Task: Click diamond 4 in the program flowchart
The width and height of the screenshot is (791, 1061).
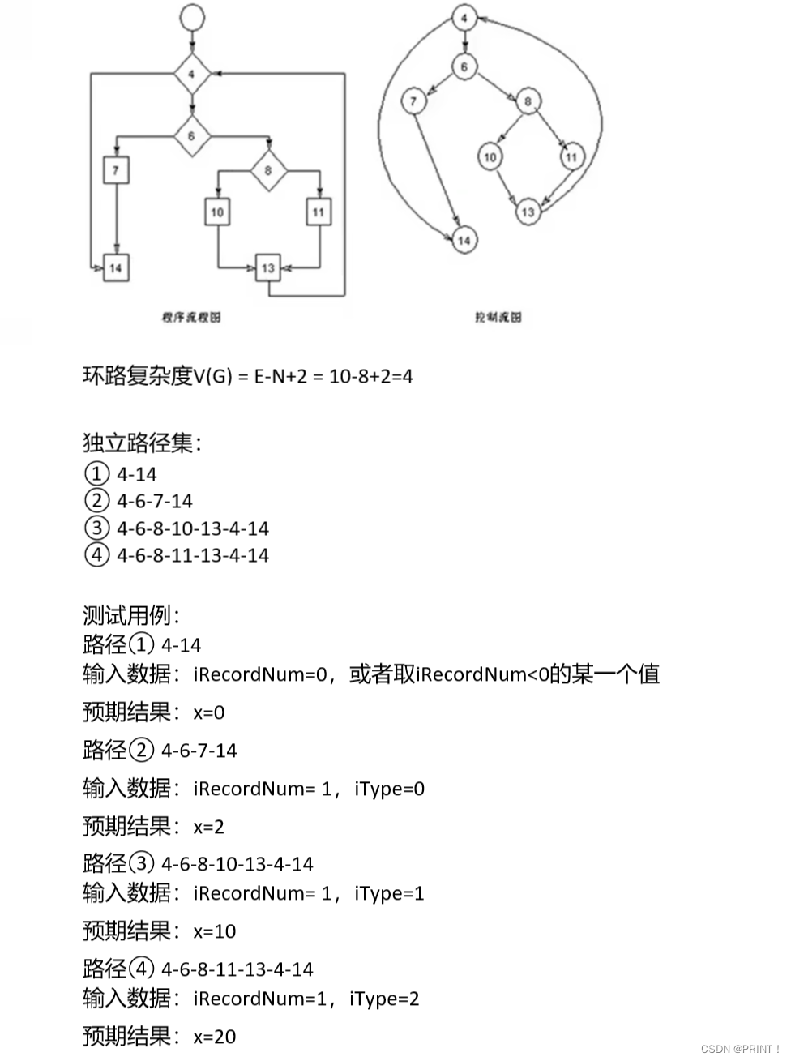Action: (192, 75)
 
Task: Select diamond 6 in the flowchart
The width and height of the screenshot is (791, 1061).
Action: (192, 135)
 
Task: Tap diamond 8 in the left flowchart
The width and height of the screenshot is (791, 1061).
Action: (268, 171)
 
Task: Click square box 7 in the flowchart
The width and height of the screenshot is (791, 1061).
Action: (116, 171)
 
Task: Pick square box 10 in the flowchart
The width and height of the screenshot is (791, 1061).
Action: (217, 212)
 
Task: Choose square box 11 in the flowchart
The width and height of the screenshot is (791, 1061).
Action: (319, 212)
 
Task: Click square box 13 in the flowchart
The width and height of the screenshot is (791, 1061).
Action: (268, 267)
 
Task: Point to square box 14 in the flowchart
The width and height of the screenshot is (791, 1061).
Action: (116, 267)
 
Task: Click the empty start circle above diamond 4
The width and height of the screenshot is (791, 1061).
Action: (192, 16)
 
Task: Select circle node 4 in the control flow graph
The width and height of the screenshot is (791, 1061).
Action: (464, 18)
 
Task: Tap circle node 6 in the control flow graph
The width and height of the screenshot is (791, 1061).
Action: (464, 66)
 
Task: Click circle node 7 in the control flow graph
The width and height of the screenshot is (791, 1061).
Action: (413, 101)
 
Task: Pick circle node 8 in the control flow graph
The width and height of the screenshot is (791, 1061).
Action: (528, 101)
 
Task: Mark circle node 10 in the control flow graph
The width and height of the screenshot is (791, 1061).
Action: (490, 156)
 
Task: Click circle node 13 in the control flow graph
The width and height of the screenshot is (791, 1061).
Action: (528, 212)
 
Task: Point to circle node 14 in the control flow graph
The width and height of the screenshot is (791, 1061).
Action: (464, 240)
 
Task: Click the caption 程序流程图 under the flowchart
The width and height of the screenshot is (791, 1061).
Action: (191, 318)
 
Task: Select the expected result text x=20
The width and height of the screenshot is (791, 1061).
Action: (215, 1037)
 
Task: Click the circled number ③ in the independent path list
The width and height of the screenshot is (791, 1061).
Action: (96, 528)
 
